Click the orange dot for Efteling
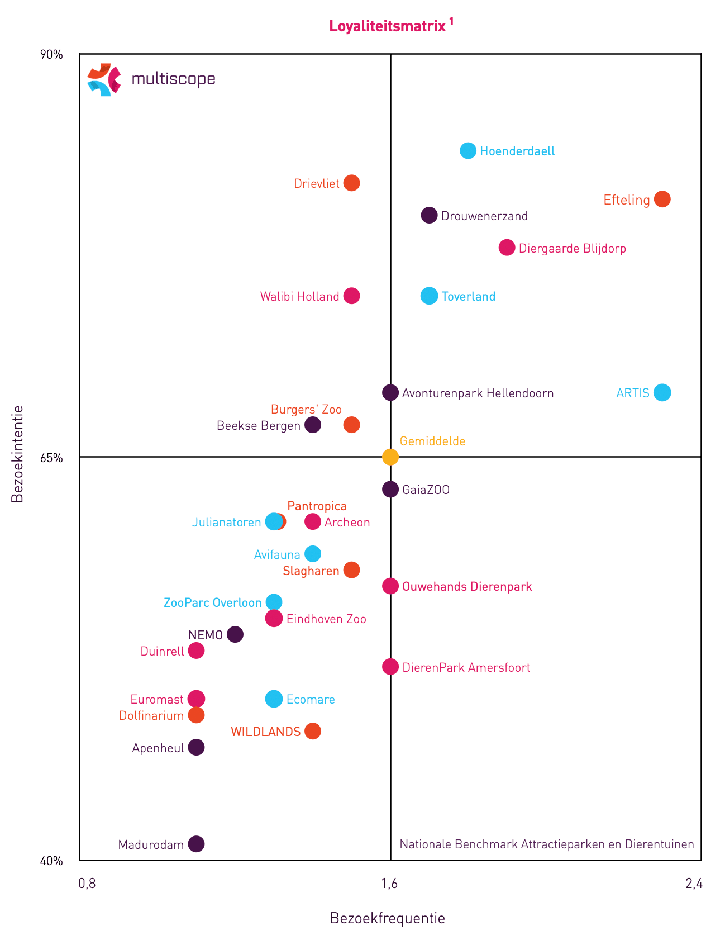tap(662, 199)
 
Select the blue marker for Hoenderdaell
tap(468, 150)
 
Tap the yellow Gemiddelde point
tap(390, 457)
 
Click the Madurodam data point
tap(196, 844)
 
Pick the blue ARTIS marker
tap(662, 392)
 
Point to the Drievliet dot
tap(351, 183)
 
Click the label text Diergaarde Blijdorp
tap(572, 249)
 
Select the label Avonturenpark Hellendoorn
tap(478, 393)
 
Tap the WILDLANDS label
tap(265, 732)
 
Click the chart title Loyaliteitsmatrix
tap(388, 26)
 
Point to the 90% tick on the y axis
tap(51, 55)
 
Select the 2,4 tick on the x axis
tap(694, 884)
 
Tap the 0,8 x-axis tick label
tap(87, 884)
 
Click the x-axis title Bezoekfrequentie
tap(387, 918)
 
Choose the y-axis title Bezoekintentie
tap(17, 454)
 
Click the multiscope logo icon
tap(104, 79)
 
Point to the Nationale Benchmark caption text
tap(547, 844)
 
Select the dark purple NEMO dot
tap(235, 634)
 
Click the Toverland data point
tap(429, 296)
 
